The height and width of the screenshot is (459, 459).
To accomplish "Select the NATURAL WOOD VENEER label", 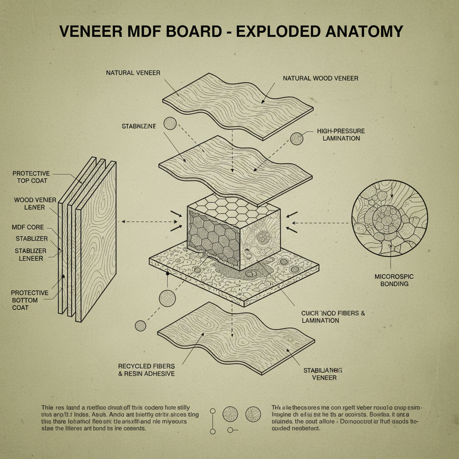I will [x=320, y=78].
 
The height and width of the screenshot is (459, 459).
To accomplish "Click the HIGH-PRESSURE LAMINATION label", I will [x=341, y=134].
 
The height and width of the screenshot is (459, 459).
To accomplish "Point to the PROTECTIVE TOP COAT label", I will [x=30, y=177].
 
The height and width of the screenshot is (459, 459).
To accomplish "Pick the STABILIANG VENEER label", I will [x=323, y=374].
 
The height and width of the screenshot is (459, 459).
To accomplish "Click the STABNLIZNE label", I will [x=139, y=127].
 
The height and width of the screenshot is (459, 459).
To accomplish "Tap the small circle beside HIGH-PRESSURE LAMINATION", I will [x=296, y=139].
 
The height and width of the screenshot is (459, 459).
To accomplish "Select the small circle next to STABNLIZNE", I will [x=170, y=123].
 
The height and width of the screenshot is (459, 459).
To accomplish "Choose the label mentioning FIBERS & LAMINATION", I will [x=333, y=316].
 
